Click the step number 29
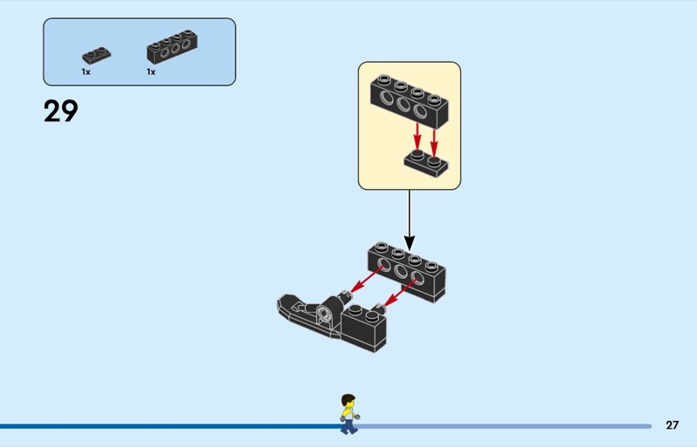click(x=61, y=112)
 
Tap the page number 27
click(x=672, y=425)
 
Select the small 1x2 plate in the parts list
click(x=97, y=55)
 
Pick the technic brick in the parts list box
click(x=169, y=49)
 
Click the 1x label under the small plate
click(x=86, y=72)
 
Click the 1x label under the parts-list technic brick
click(x=151, y=72)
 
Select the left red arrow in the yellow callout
click(x=417, y=135)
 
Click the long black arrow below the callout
click(x=409, y=218)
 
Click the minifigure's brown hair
click(x=348, y=398)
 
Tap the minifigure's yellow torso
click(x=348, y=411)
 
